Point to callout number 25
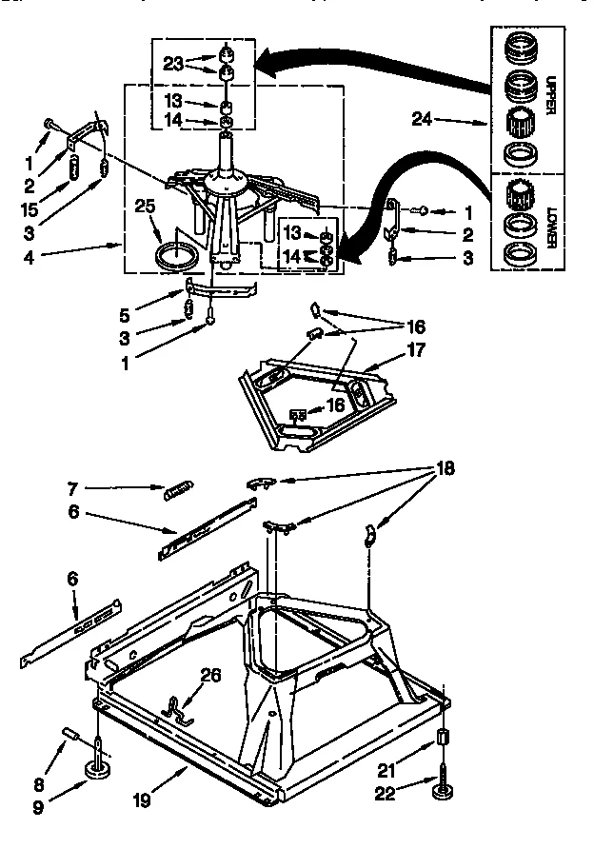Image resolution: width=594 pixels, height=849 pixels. [x=144, y=206]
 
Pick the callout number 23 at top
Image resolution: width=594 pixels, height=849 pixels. [x=172, y=66]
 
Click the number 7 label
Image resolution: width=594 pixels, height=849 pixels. [x=71, y=487]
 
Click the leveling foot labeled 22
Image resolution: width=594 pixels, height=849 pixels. [x=443, y=790]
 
